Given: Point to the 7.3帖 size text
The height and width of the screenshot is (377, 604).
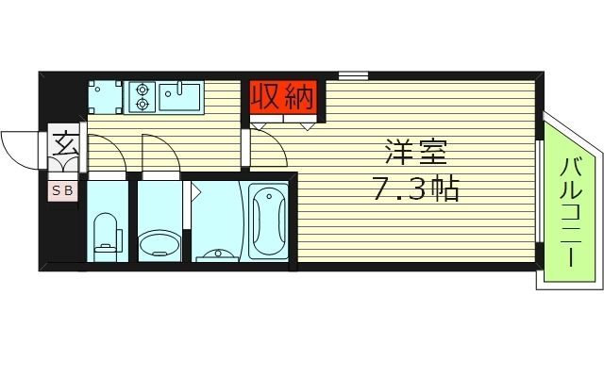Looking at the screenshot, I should pos(415,190).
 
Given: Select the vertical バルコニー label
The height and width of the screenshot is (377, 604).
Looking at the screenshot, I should pos(569,215).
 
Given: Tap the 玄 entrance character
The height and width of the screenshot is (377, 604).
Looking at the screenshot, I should pos(65,146).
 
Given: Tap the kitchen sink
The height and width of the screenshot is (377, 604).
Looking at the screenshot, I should pos(180,95).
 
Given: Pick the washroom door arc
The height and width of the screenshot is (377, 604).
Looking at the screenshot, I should pos(160,153).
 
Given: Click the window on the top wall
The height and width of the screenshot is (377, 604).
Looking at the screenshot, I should pos(353,74).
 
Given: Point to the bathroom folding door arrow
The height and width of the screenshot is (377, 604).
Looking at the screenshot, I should pos(197,193).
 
